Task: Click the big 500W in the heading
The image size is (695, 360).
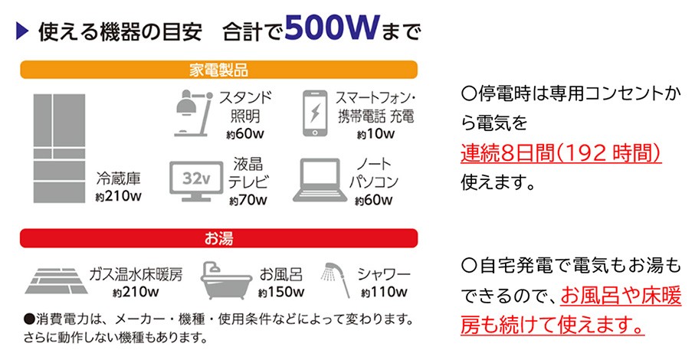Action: [x=332, y=28]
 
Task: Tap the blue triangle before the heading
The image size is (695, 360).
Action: [x=22, y=31]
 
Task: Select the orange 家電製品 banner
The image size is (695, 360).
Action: [x=218, y=70]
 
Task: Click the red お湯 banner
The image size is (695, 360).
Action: [x=218, y=238]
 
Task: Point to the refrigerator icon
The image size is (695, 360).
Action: [x=60, y=149]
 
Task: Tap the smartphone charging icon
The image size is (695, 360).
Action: [x=315, y=113]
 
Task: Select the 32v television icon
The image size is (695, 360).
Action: [x=196, y=181]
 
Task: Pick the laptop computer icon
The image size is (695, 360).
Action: [x=320, y=180]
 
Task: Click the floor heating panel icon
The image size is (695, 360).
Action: [x=56, y=281]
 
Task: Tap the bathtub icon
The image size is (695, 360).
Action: [x=226, y=281]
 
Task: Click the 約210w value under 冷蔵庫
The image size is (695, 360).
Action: [x=118, y=196]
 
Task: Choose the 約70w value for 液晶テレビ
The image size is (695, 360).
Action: [x=248, y=200]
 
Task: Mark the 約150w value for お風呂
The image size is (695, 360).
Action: [x=281, y=292]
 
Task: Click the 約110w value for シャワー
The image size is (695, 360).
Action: [x=384, y=292]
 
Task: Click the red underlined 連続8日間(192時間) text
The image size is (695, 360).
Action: [x=561, y=154]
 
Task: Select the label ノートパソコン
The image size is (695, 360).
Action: [x=374, y=172]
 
